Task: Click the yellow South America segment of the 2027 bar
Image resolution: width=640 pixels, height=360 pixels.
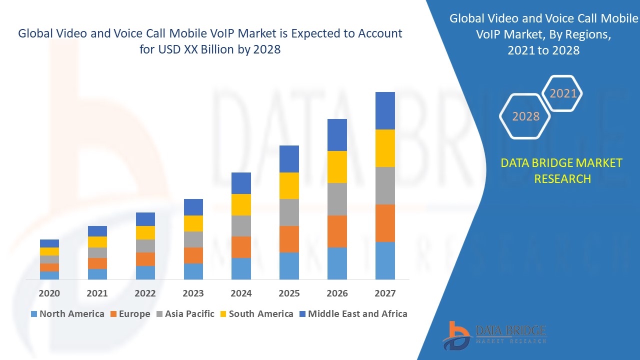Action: tap(385, 148)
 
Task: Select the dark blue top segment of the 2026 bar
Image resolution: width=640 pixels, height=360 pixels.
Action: tap(337, 135)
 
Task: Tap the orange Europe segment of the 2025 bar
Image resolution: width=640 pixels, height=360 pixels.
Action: tap(289, 239)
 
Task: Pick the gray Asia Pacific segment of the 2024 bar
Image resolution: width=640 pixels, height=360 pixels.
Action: tap(241, 226)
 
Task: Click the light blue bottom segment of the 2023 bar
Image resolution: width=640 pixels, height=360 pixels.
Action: tap(193, 271)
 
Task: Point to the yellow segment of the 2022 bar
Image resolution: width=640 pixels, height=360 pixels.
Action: tap(145, 232)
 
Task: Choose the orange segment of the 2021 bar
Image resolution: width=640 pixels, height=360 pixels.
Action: tap(97, 263)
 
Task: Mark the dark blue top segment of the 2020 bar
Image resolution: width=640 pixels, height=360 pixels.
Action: tap(49, 243)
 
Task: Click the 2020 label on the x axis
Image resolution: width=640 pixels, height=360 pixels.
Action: tap(49, 293)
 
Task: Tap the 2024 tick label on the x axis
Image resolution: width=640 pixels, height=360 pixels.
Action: tap(241, 293)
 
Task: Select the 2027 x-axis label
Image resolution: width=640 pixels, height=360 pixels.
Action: tap(385, 293)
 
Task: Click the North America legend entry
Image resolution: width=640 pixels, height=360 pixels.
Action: tap(67, 314)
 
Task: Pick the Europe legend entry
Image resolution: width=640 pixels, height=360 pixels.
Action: tap(129, 314)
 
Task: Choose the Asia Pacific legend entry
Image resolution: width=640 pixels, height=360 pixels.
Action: tap(184, 314)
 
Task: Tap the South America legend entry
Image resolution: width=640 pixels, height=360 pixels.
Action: tap(256, 314)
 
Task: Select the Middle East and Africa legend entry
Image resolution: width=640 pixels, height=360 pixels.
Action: tap(352, 314)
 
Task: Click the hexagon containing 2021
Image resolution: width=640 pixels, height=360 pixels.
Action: tap(563, 93)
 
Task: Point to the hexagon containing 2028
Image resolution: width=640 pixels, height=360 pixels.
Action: tap(525, 116)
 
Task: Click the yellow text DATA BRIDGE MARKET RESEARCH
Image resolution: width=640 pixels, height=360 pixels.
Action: tap(562, 170)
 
